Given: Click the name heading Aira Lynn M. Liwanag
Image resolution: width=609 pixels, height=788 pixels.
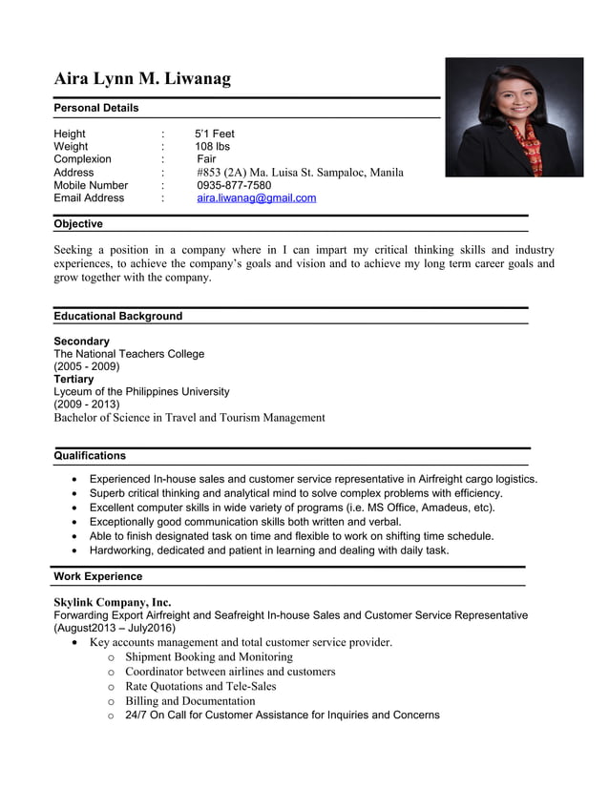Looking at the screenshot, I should click(142, 78).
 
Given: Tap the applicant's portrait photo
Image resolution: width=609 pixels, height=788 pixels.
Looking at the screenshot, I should click(514, 117).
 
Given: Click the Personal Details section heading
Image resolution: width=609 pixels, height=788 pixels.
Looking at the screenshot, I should click(96, 108).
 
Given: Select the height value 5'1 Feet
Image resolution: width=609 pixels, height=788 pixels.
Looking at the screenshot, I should click(214, 134).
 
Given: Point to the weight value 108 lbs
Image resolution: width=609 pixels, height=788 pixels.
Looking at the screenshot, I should click(212, 147).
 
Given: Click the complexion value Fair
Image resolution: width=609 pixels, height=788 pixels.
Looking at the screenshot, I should click(206, 159).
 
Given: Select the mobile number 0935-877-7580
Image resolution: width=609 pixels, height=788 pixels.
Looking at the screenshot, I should click(234, 185).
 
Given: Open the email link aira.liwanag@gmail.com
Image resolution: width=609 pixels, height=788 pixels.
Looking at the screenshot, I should click(256, 198).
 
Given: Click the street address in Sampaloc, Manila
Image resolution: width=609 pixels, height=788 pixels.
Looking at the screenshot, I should click(300, 173).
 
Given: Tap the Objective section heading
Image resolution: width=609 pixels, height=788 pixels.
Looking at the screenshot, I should click(78, 224).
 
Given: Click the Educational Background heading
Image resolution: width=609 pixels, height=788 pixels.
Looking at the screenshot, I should click(117, 316).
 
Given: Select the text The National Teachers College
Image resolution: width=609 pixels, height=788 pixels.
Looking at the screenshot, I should click(129, 354).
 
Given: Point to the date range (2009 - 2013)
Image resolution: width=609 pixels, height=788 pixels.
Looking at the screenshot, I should click(87, 404).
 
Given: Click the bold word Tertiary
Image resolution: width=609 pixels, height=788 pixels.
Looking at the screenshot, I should click(74, 379).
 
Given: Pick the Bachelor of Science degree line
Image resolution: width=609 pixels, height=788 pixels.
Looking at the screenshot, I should click(189, 417).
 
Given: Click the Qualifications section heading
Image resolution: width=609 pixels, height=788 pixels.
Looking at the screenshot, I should click(90, 455).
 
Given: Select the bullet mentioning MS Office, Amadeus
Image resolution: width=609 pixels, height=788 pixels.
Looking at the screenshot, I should click(292, 508).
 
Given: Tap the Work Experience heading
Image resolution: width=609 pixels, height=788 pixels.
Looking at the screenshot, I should click(97, 576).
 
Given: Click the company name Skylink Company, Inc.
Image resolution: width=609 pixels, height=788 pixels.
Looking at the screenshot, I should click(113, 602).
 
